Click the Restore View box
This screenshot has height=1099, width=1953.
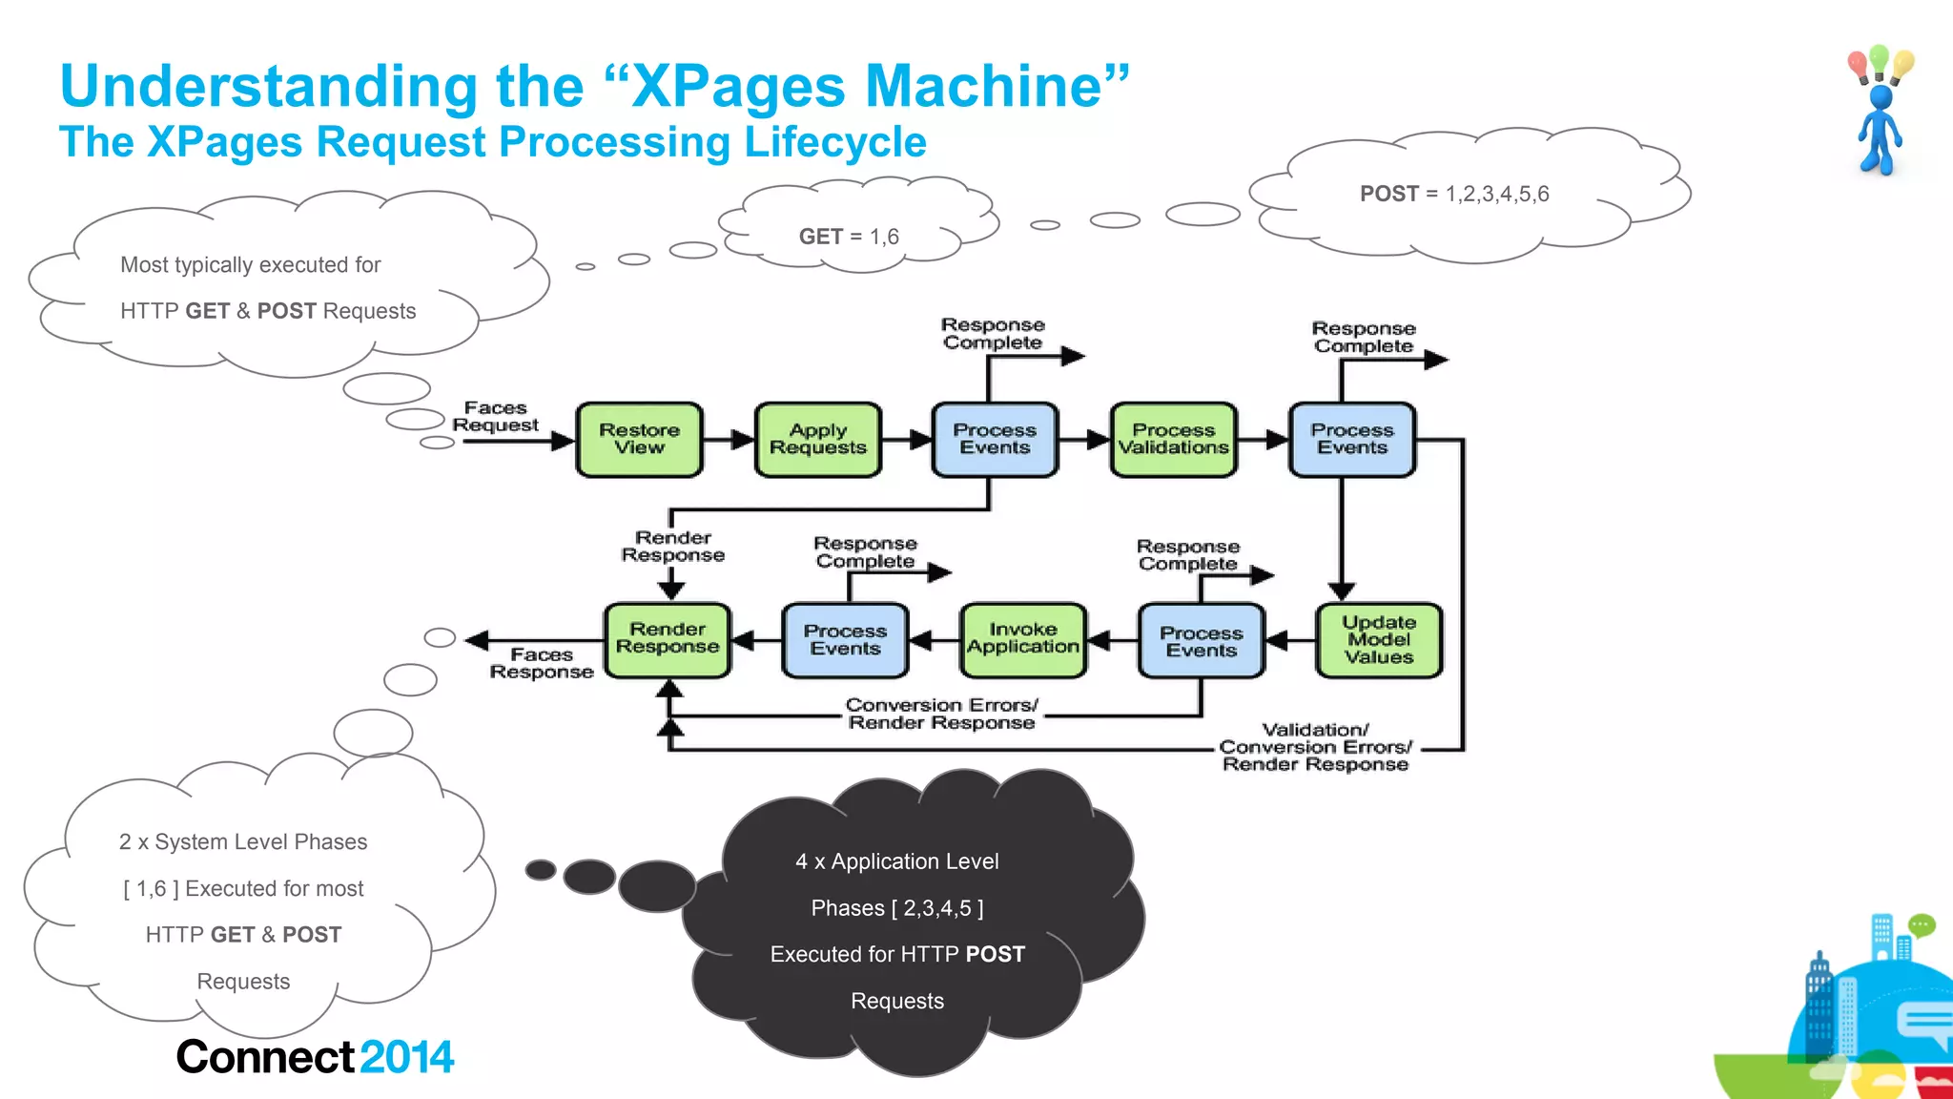click(x=639, y=439)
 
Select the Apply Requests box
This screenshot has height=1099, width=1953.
click(x=817, y=439)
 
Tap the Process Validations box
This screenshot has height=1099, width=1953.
click(x=1173, y=439)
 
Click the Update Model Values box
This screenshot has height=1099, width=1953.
click(x=1379, y=640)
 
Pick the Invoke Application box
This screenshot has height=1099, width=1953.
click(x=1022, y=639)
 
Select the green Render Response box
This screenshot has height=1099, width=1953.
click(x=668, y=639)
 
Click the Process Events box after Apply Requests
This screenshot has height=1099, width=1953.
click(x=995, y=439)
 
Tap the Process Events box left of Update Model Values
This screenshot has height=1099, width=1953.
click(x=1201, y=641)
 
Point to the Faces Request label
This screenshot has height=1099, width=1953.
click(x=495, y=417)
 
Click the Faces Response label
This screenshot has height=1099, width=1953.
click(x=542, y=663)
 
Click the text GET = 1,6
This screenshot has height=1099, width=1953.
click(x=849, y=237)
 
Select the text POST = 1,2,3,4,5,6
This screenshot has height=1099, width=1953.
click(x=1454, y=194)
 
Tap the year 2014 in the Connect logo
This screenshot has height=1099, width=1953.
click(x=406, y=1057)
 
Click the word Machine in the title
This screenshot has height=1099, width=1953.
click(x=983, y=86)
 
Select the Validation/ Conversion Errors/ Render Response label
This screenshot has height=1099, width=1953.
click(x=1315, y=747)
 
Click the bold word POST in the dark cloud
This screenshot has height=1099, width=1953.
click(x=995, y=954)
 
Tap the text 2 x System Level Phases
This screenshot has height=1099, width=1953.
click(x=243, y=841)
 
